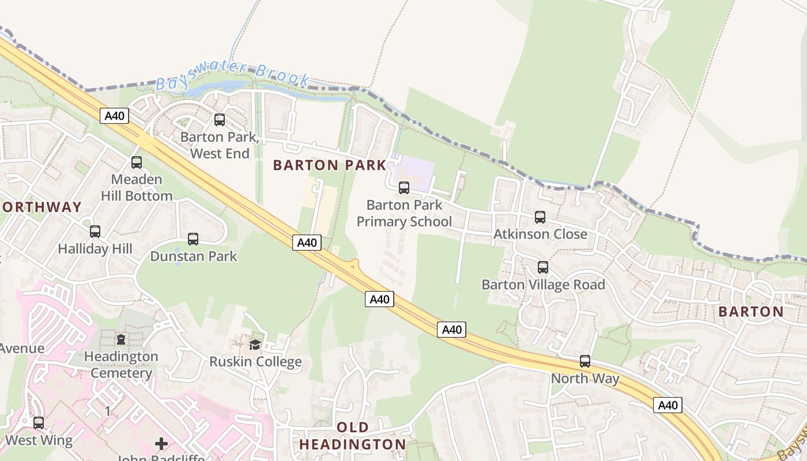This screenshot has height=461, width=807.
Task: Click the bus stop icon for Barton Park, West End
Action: coord(220,120)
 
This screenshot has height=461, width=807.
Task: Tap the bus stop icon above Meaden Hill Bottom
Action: coord(137,163)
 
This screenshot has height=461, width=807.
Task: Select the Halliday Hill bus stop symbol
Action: coord(95,232)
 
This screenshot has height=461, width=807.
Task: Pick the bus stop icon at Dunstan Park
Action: coord(193,239)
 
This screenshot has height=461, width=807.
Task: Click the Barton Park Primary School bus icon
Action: coord(404,188)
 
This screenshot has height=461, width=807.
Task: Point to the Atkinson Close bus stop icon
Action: coord(540,217)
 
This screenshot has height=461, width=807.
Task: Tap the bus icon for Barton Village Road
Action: coord(543,267)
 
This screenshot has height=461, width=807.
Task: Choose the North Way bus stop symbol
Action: coord(585,361)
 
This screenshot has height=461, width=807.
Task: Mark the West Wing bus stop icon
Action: coord(39,423)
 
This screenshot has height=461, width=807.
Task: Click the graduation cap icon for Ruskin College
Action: coord(255,345)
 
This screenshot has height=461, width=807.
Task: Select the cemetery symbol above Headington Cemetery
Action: coord(121,339)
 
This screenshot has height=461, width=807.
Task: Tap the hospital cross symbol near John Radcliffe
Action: coord(161,444)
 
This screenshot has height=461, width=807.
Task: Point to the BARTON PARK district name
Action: coord(330,165)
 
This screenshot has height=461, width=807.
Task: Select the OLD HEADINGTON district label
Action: coord(353,436)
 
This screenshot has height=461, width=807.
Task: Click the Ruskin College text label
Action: coord(255,362)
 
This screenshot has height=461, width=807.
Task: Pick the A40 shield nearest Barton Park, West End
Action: coord(115,116)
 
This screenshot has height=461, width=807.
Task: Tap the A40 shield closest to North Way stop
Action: coord(668,405)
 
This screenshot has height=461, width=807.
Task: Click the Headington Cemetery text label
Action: coord(121,365)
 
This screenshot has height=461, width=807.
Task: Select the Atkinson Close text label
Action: coord(540,235)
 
